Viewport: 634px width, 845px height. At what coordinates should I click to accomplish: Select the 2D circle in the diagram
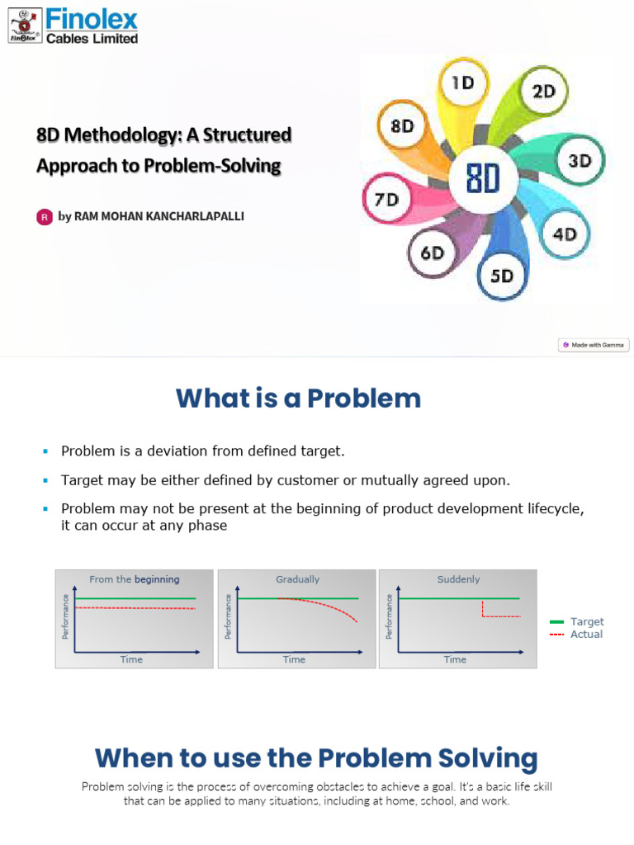click(543, 90)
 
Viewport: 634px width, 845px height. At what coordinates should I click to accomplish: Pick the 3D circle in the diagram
click(580, 160)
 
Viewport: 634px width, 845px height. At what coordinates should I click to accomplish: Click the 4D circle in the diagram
click(565, 234)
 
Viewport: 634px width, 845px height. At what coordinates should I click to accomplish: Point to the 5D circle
click(502, 276)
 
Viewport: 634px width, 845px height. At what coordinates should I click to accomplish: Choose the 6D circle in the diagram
click(433, 253)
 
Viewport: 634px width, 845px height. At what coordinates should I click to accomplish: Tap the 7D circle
click(386, 200)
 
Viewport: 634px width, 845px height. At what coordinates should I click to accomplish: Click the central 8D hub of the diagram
click(483, 177)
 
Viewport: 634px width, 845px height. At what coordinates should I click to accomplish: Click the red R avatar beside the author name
click(45, 217)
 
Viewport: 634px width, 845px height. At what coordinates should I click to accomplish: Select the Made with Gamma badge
click(594, 345)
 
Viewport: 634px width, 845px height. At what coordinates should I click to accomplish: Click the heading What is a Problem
click(298, 399)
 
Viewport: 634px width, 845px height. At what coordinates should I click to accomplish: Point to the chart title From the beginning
click(134, 579)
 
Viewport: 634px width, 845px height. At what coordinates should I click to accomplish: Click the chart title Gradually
click(297, 579)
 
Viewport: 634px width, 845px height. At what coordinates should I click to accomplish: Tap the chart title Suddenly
click(458, 579)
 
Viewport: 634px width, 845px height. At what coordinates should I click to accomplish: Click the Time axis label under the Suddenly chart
click(455, 659)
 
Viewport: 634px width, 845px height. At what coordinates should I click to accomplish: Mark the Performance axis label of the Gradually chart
click(228, 616)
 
